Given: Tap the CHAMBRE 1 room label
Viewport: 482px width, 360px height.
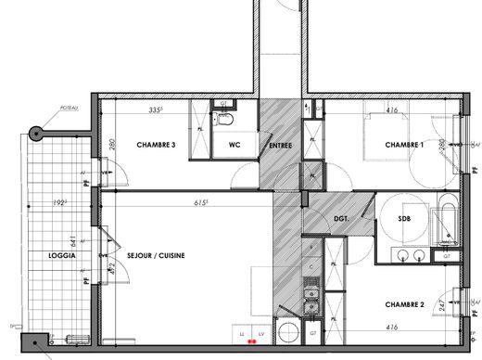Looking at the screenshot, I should pos(404,146).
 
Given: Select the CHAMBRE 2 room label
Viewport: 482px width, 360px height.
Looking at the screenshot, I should pos(404,304).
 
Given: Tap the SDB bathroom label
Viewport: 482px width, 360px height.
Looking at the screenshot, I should pos(404,218).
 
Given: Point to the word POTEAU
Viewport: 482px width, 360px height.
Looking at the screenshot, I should pos(67,109).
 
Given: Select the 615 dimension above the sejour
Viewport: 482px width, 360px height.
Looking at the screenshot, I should pos(200,201).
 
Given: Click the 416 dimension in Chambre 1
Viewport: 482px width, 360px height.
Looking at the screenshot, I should pos(392,110).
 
